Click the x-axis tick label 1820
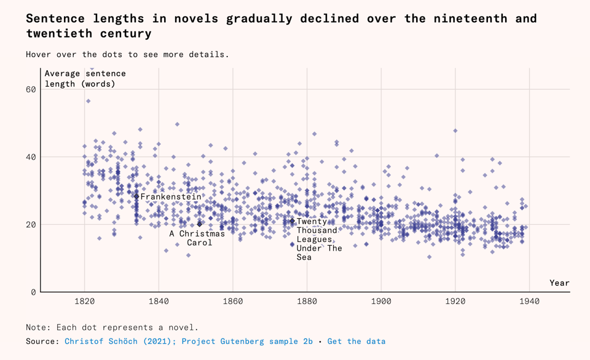(x=85, y=302)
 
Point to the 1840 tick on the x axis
(x=159, y=302)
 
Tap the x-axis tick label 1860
(x=233, y=302)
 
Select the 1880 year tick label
(x=307, y=302)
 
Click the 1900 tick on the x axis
(x=381, y=302)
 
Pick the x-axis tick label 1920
(x=455, y=302)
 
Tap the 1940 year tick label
(x=529, y=302)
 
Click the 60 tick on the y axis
(x=30, y=90)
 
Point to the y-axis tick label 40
(x=30, y=157)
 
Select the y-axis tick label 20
(x=30, y=225)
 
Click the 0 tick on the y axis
(x=33, y=292)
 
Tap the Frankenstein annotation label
(x=170, y=197)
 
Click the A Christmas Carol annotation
(x=197, y=238)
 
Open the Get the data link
(x=356, y=341)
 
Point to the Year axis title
(x=559, y=283)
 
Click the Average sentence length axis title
(x=84, y=79)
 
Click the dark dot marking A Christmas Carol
(x=200, y=224)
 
